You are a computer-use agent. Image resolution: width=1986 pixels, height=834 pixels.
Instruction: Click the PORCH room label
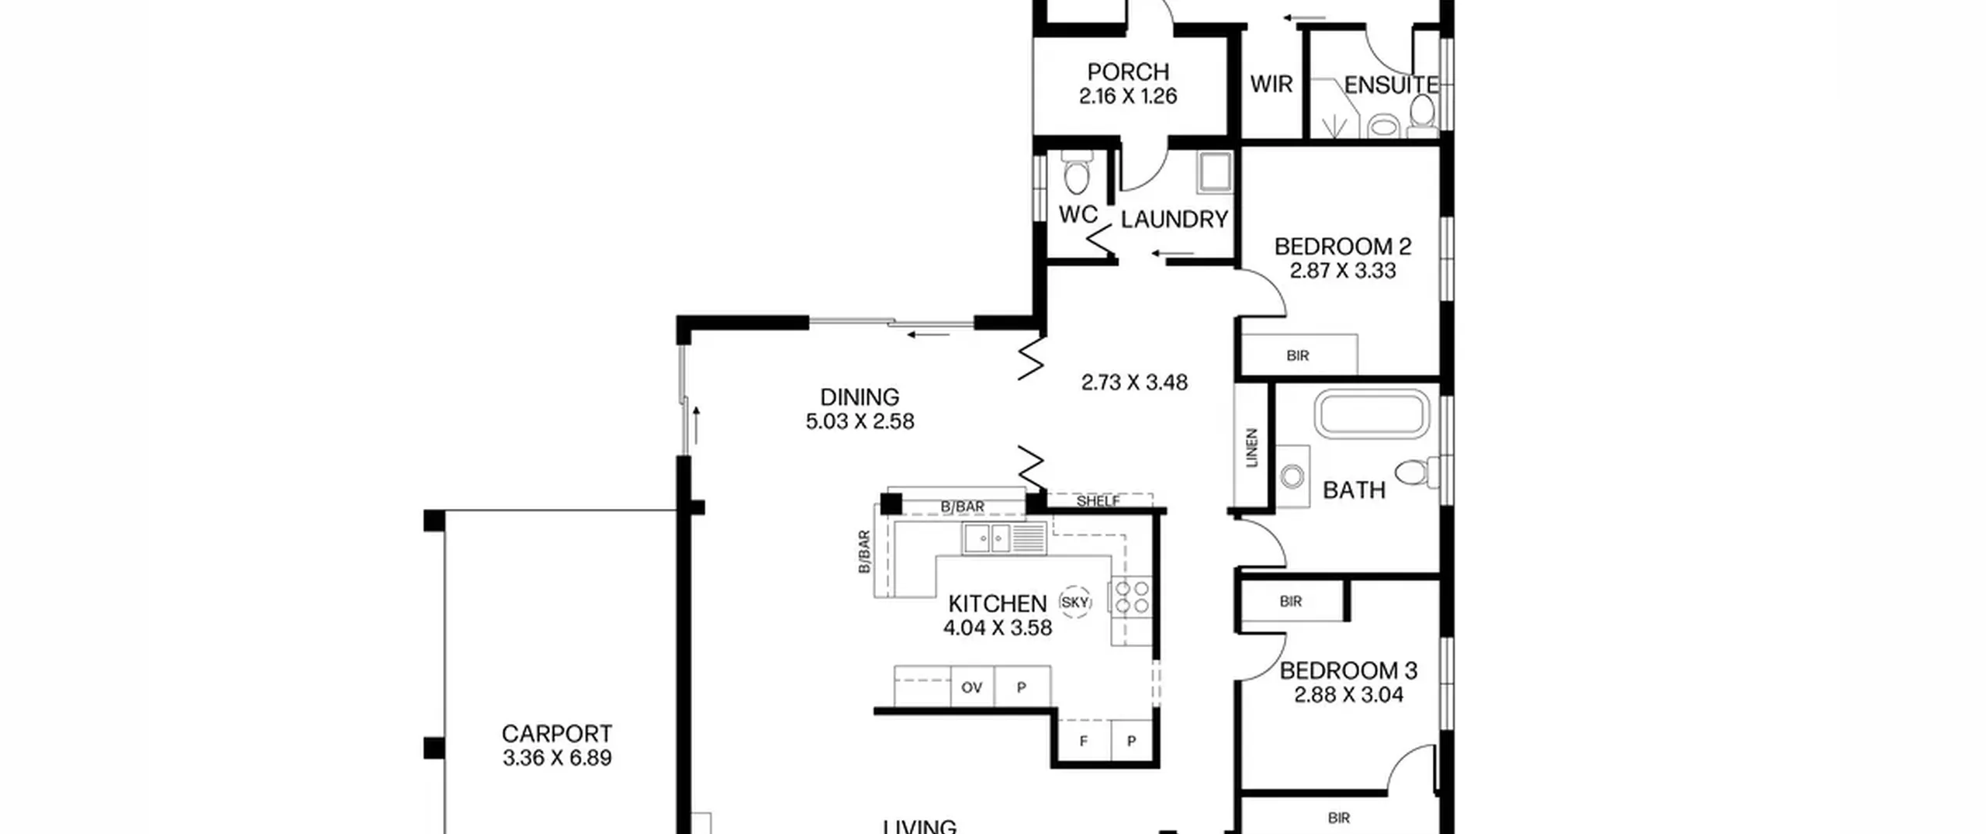coord(1128,72)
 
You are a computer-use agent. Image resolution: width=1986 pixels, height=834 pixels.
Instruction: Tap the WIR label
coord(1272,84)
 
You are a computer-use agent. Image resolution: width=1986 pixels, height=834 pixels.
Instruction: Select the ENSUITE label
coord(1391,85)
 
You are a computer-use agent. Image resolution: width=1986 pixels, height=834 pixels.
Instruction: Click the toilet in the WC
coord(1076,172)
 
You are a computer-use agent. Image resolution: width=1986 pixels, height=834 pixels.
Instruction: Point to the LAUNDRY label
coord(1175,220)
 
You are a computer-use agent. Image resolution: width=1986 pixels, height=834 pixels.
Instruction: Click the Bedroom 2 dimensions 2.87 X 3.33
coord(1343,271)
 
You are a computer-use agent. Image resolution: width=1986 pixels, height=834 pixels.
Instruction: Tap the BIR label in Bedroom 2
coord(1298,355)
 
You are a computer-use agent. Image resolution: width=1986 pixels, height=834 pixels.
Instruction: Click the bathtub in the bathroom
coord(1372,414)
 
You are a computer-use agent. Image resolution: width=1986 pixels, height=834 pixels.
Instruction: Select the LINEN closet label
coord(1251,448)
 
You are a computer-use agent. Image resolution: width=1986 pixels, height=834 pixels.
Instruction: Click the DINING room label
coord(860,397)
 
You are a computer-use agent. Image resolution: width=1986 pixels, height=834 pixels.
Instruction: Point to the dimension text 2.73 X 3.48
coord(1134,382)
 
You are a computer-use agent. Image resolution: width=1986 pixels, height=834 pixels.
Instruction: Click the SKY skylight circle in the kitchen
coord(1075,602)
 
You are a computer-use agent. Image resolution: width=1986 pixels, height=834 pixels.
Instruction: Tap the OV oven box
coord(972,687)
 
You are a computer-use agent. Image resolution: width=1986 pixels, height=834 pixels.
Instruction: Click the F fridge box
coord(1084,741)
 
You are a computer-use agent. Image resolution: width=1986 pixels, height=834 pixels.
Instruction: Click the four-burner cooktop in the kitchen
coord(1131,597)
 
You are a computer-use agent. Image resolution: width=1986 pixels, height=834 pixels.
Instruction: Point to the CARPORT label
coord(557,733)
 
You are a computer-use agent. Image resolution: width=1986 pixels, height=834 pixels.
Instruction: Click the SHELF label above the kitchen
coord(1099,501)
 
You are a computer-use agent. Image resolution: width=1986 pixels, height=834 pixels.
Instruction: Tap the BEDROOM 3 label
coord(1348,670)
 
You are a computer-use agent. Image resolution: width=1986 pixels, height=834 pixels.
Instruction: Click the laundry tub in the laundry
coord(1213,172)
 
